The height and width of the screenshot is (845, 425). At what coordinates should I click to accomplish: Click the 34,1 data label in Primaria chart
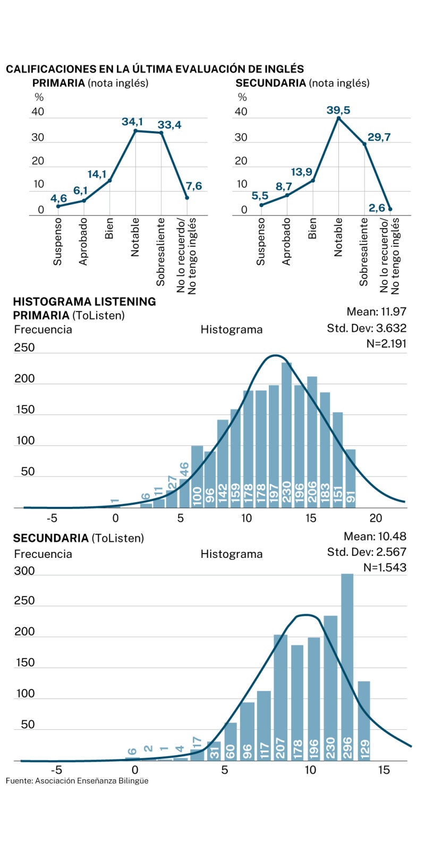click(132, 122)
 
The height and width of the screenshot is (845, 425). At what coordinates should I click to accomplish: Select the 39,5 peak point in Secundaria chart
click(338, 118)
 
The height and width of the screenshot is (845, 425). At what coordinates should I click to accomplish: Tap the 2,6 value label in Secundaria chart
click(377, 208)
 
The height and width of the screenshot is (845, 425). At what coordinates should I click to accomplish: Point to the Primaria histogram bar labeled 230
click(287, 435)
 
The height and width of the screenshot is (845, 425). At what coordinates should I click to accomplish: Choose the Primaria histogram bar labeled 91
click(351, 478)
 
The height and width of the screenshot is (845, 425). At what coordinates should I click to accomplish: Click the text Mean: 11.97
click(376, 312)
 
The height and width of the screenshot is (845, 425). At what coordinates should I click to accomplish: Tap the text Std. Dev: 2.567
click(367, 552)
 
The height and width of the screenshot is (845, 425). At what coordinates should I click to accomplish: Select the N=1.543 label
click(385, 567)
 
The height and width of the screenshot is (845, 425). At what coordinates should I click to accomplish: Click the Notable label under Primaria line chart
click(135, 237)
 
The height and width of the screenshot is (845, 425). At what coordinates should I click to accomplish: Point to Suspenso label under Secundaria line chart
click(260, 242)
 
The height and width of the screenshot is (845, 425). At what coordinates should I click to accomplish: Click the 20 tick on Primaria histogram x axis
click(376, 518)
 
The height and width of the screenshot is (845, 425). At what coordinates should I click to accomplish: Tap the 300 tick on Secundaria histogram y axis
click(24, 571)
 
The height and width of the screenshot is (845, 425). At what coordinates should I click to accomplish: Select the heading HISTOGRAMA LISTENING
click(84, 301)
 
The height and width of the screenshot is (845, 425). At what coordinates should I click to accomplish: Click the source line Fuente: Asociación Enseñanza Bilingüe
click(77, 781)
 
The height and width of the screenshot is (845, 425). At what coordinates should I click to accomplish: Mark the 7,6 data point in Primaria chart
click(187, 198)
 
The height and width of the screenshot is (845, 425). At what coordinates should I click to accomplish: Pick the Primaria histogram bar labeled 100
click(197, 476)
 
